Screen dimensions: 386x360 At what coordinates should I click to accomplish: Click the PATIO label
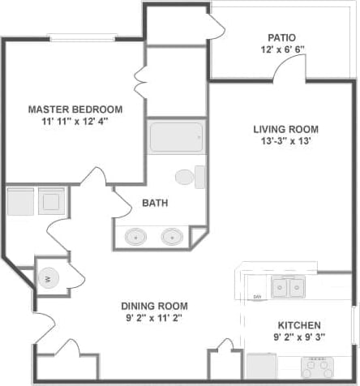point(281,37)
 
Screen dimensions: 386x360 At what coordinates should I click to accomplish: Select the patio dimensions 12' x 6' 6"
point(281,49)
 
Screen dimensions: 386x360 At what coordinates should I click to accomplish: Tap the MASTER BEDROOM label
point(75,109)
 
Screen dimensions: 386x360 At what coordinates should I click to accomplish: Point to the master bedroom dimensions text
point(75,122)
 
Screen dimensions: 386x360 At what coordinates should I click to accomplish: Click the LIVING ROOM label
point(285,129)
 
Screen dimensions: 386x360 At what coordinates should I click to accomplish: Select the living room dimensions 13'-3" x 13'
point(285,141)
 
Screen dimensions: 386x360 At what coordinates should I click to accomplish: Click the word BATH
point(155,203)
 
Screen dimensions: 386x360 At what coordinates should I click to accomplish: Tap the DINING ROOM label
point(154,306)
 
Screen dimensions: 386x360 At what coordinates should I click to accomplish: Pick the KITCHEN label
point(297,324)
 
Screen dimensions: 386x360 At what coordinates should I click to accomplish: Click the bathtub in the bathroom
point(175,137)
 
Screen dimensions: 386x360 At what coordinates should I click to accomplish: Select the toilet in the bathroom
point(187,176)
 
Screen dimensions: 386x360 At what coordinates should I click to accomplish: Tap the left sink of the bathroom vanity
point(135,237)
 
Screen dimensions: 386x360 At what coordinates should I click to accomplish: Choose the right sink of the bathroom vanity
point(172,237)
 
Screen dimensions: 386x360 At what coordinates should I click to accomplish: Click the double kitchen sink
point(288,287)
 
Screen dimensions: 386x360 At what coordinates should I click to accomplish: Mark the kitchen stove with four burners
point(319,367)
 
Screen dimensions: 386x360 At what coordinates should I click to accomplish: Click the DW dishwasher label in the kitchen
point(257,297)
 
